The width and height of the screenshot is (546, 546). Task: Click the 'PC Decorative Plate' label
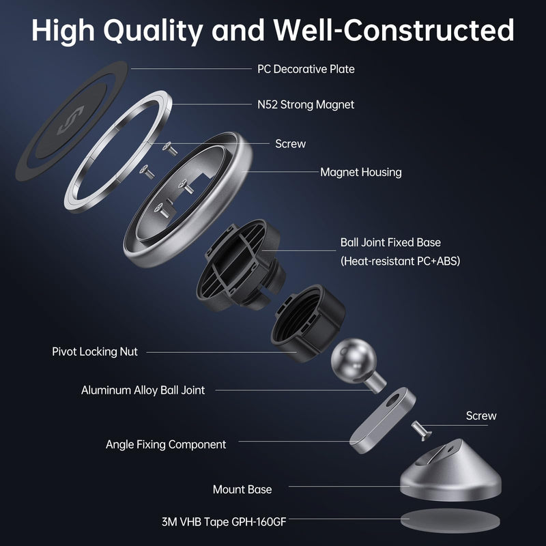coord(306,69)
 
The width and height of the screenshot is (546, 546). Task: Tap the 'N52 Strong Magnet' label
coord(306,104)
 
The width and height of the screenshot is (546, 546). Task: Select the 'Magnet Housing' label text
coord(361,172)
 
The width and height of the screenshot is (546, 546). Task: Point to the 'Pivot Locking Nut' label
coord(95,351)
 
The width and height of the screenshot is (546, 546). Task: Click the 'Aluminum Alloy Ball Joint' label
coord(143,390)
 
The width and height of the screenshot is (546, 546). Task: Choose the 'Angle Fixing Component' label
coord(166,444)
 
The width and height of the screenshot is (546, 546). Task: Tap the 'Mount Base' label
coord(242,489)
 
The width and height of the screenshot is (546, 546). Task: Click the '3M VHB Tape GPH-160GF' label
coord(224,521)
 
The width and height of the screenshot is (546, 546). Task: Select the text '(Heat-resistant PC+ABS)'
coord(400,261)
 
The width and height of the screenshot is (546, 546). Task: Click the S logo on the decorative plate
coord(71,120)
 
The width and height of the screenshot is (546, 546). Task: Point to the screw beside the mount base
coord(421,431)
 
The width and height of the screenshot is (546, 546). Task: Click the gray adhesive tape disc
coord(450,521)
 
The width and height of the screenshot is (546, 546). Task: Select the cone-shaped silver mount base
coord(450,470)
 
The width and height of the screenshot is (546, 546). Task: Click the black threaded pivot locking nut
coord(308,324)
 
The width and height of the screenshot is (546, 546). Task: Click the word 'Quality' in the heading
coord(153,30)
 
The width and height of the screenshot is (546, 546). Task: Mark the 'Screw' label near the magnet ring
coord(291,143)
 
